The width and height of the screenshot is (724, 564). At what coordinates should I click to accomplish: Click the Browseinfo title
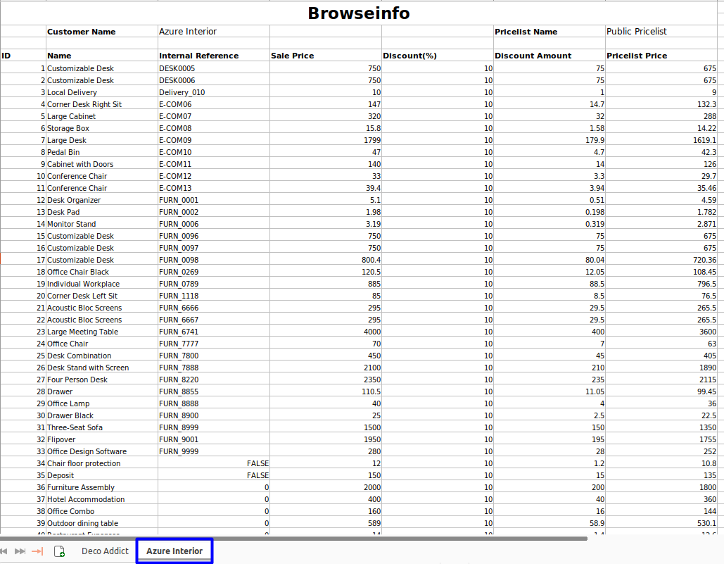tap(359, 13)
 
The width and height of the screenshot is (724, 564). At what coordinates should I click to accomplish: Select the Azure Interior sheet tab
tap(174, 551)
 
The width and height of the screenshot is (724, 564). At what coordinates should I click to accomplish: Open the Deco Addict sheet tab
tap(105, 551)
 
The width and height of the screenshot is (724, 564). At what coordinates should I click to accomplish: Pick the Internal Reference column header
tap(198, 56)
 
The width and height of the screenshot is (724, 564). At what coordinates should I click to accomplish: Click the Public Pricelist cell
tap(636, 32)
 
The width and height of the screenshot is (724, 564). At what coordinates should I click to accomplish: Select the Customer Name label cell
tap(81, 32)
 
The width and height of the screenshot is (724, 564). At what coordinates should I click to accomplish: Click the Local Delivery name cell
tap(72, 92)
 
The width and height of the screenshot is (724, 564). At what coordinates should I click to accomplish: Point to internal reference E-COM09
tap(175, 140)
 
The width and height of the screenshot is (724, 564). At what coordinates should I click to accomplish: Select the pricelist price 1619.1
tap(702, 140)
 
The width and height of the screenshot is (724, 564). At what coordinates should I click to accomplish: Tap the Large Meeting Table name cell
tap(82, 332)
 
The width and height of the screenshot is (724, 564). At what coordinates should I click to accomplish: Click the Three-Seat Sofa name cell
tap(75, 427)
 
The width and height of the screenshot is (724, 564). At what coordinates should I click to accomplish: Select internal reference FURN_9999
tap(179, 451)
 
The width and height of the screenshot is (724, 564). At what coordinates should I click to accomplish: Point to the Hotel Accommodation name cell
tap(86, 499)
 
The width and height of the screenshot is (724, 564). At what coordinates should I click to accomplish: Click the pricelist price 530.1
tap(704, 523)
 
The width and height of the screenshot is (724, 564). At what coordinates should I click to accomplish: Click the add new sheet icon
tap(59, 551)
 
